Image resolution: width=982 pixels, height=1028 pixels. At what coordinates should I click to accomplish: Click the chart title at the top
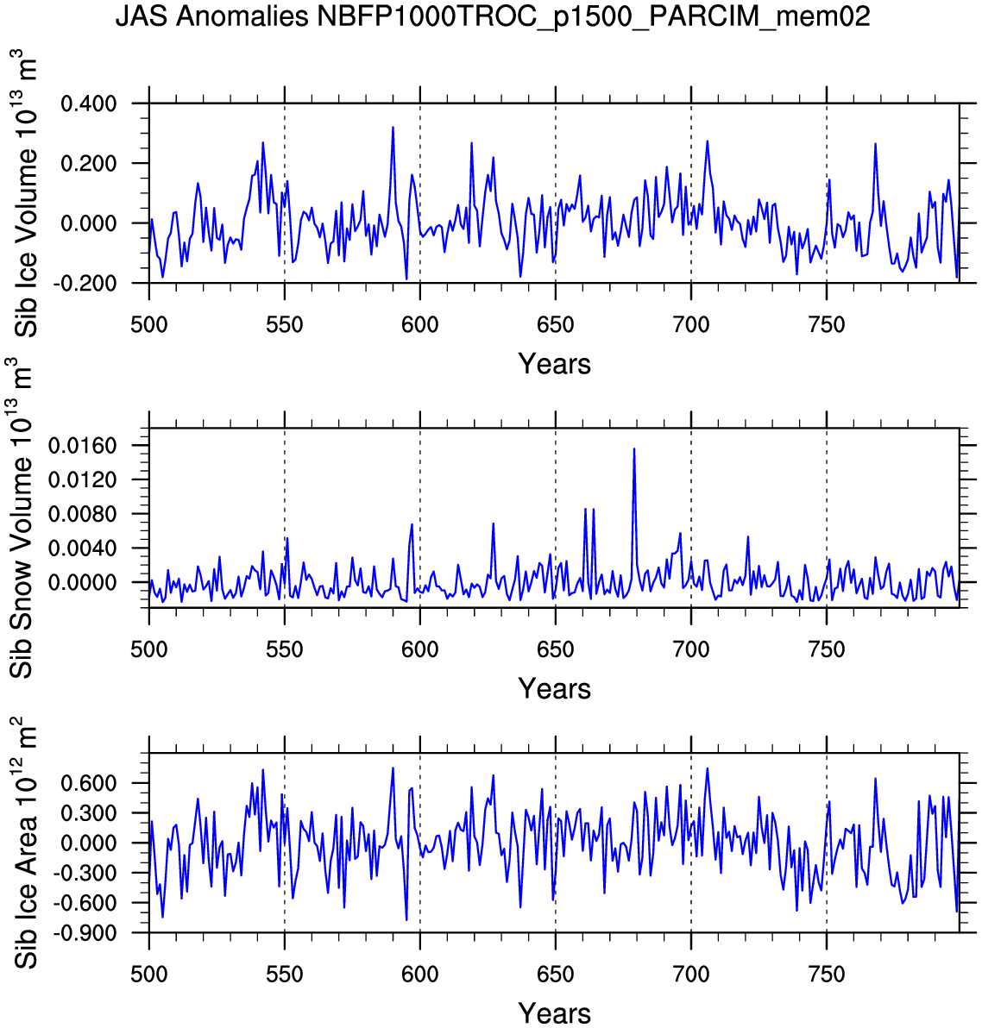493,17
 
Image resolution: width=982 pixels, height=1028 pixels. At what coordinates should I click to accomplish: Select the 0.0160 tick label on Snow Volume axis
86,446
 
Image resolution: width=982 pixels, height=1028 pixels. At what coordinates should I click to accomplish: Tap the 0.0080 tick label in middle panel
86,514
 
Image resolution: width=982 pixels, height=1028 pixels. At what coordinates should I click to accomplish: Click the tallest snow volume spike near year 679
634,449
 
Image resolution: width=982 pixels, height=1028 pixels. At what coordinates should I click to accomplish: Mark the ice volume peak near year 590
393,128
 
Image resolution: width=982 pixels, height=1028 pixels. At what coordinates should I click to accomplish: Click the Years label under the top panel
554,364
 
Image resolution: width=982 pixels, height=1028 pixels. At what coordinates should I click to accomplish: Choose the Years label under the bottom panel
554,1013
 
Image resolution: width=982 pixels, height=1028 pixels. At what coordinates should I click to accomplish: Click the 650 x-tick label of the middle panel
555,649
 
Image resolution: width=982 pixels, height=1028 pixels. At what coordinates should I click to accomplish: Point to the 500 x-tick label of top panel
148,325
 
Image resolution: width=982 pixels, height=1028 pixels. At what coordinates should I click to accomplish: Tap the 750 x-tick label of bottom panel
826,975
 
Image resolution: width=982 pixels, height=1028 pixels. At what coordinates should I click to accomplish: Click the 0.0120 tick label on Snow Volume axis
86,480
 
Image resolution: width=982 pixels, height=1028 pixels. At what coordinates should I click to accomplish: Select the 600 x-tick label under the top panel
419,325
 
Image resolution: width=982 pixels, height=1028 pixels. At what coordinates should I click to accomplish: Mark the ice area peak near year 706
708,768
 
